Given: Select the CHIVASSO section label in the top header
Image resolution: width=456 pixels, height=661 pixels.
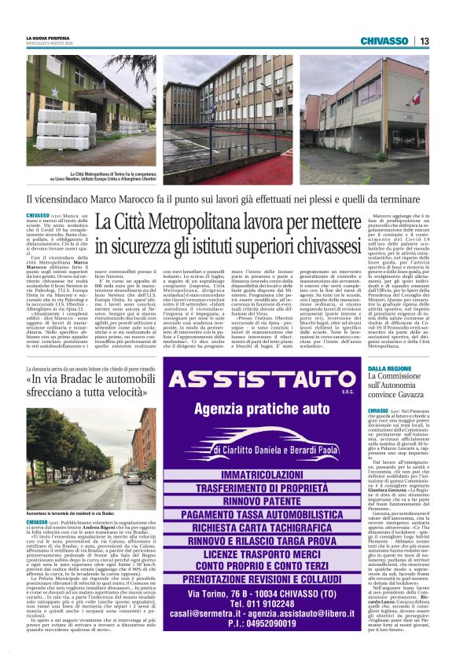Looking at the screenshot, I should (x=384, y=41).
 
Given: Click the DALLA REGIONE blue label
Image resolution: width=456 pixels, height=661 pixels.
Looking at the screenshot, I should (x=389, y=368).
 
